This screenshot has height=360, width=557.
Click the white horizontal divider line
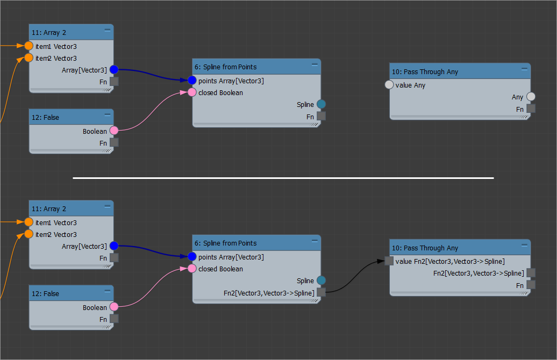tap(283, 178)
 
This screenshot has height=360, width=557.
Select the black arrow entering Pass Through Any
tap(355, 274)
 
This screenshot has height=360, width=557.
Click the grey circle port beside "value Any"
tap(390, 85)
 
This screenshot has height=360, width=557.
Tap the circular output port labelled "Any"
tap(531, 97)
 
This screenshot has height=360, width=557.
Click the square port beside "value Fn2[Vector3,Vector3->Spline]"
tap(389, 261)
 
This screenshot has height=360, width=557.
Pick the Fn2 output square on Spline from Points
tap(321, 292)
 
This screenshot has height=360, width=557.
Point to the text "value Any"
tap(410, 85)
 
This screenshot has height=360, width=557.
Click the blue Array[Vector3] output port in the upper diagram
tap(114, 70)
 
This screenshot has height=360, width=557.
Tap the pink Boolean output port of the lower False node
tap(114, 307)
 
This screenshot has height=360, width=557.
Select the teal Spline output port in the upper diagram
tap(321, 104)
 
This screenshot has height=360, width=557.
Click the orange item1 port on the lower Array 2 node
tap(29, 222)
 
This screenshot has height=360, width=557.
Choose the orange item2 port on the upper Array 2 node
tap(29, 58)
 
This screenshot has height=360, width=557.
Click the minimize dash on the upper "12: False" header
tap(108, 116)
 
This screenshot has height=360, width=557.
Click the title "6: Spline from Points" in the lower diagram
tap(225, 243)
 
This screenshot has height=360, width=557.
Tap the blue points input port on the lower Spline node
tap(192, 257)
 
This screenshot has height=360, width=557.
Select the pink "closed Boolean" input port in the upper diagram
tap(192, 92)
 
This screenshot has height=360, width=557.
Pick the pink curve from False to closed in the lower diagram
tap(153, 288)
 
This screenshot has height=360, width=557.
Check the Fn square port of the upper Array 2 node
tap(114, 82)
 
